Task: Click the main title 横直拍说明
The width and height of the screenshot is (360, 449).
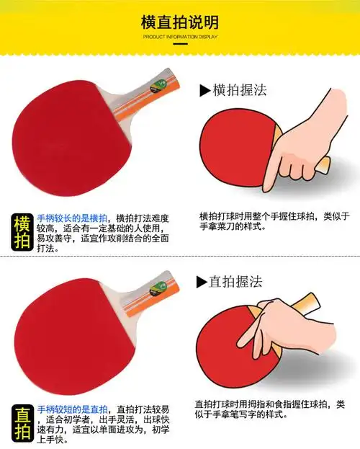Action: [180, 22]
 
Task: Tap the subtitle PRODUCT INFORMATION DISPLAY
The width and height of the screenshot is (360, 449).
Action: [180, 36]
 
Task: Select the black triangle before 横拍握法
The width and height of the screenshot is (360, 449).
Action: [204, 91]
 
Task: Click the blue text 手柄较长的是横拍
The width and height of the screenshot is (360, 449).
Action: [72, 218]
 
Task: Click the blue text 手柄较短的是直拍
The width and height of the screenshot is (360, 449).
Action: [72, 409]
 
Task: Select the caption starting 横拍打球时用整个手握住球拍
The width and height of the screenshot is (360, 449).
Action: [274, 221]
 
